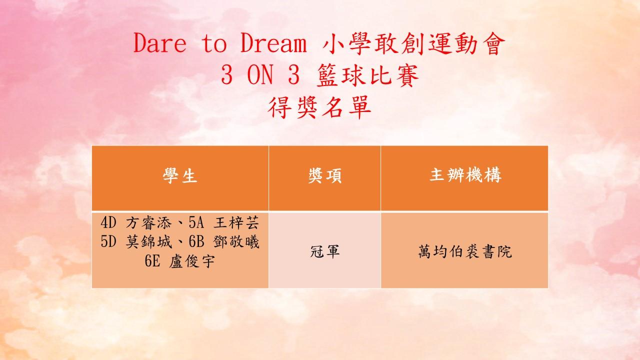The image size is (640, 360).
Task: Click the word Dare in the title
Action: click(160, 43)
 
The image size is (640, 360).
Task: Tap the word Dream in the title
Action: click(273, 43)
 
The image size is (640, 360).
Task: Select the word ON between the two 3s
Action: click(260, 74)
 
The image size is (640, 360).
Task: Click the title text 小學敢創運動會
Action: click(413, 43)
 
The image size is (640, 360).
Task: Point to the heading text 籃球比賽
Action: click(368, 75)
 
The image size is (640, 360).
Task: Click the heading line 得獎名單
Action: click(319, 107)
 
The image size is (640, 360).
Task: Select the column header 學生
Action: click(180, 175)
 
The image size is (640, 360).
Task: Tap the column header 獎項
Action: click(325, 175)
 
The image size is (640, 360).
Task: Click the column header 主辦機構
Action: click(465, 174)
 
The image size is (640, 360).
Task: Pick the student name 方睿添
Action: click(148, 222)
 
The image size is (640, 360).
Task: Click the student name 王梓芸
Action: click(236, 222)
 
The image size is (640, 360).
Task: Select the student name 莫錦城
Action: click(148, 242)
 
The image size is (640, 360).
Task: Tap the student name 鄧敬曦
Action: click(236, 242)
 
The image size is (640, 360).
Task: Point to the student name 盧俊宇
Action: click(192, 261)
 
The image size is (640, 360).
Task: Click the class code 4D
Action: click(108, 223)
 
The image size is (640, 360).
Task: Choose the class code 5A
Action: click(196, 223)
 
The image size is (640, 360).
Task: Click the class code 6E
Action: click(152, 261)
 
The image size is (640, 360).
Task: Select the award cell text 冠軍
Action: click(325, 251)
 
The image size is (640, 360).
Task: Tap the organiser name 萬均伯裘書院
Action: click(465, 251)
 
